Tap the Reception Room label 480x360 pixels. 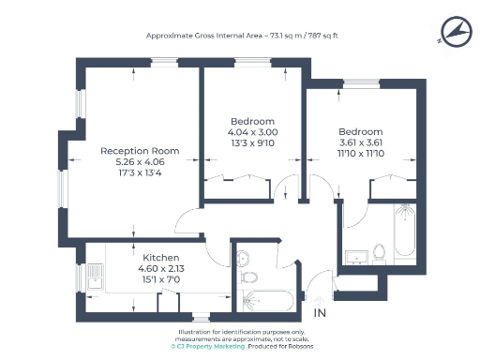pyautogui.click(x=140, y=151)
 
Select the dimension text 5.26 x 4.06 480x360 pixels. pyautogui.click(x=140, y=161)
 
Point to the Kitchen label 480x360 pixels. pyautogui.click(x=160, y=257)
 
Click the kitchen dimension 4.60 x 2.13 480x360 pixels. pyautogui.click(x=160, y=267)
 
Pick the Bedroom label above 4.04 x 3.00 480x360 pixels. pyautogui.click(x=253, y=122)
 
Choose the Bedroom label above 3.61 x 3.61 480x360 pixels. pyautogui.click(x=361, y=130)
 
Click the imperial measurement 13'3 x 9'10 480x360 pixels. pyautogui.click(x=253, y=142)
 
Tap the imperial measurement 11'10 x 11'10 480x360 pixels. pyautogui.click(x=361, y=152)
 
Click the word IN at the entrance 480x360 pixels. pyautogui.click(x=320, y=312)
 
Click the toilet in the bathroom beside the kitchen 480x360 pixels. pyautogui.click(x=247, y=277)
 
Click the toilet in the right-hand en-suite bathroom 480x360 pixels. pyautogui.click(x=380, y=252)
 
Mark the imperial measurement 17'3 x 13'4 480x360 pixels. pyautogui.click(x=140, y=172)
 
